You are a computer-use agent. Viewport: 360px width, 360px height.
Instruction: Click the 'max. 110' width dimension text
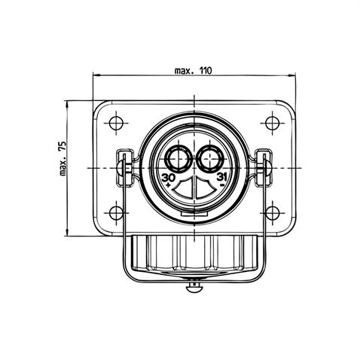[193, 71]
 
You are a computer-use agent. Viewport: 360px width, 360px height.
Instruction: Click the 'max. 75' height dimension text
[63, 158]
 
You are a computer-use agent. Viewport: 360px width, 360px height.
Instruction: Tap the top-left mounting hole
[116, 124]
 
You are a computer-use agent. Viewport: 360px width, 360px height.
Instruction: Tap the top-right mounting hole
[273, 124]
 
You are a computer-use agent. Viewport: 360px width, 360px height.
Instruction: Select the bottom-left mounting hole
[116, 213]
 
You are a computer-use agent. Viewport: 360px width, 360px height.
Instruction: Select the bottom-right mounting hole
[273, 213]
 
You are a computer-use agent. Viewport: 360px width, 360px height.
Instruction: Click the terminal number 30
[169, 178]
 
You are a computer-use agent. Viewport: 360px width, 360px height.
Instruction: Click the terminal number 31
[221, 177]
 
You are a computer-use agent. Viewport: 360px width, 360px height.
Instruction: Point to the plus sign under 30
[168, 185]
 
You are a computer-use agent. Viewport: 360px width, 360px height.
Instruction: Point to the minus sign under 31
[221, 185]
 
